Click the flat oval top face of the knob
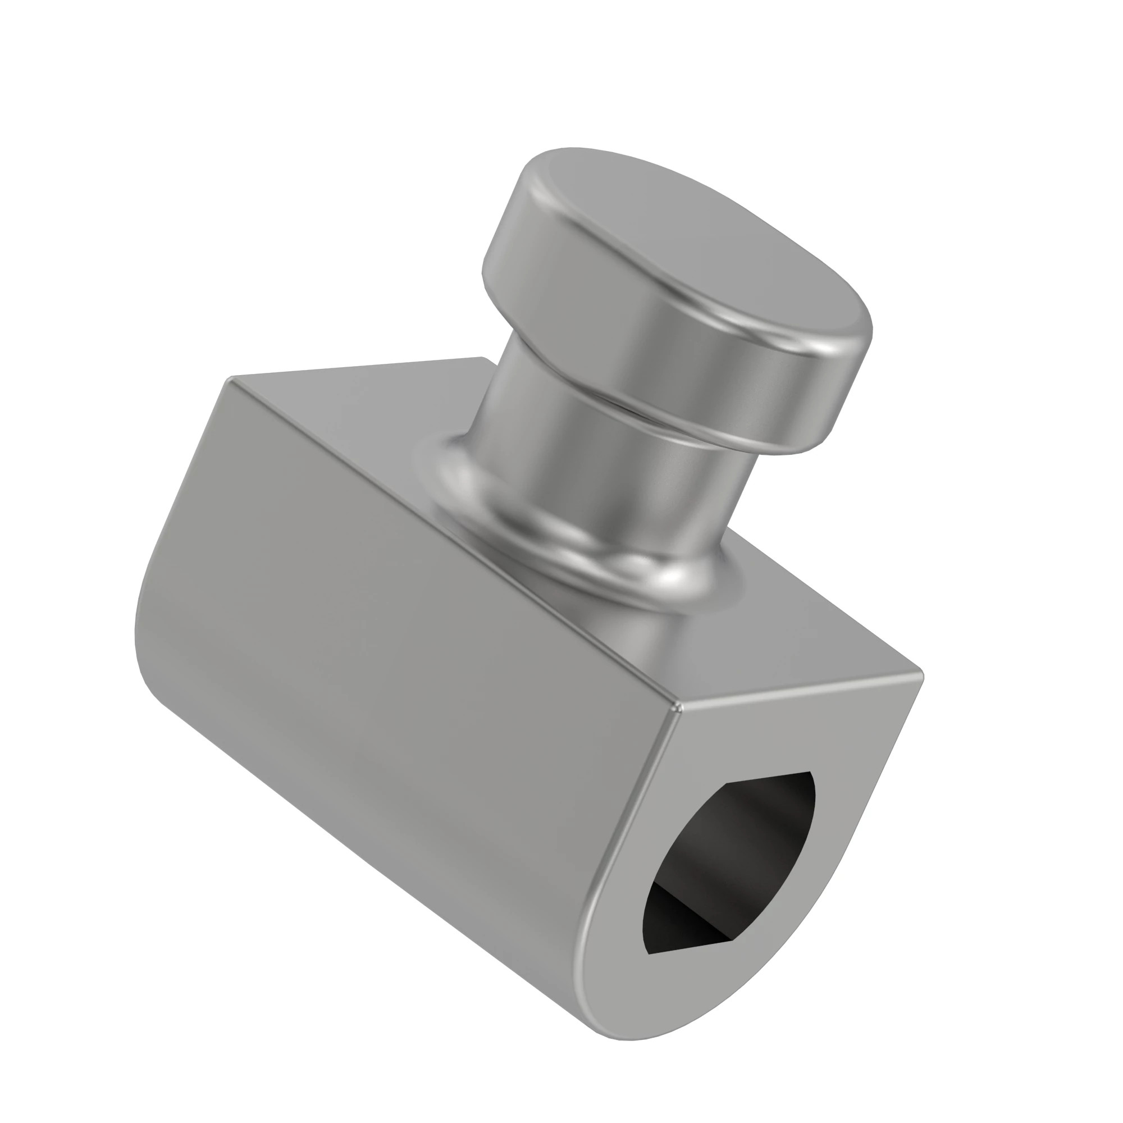pos(697,244)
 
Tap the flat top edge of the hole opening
pos(767,779)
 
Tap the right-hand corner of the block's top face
pos(921,674)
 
